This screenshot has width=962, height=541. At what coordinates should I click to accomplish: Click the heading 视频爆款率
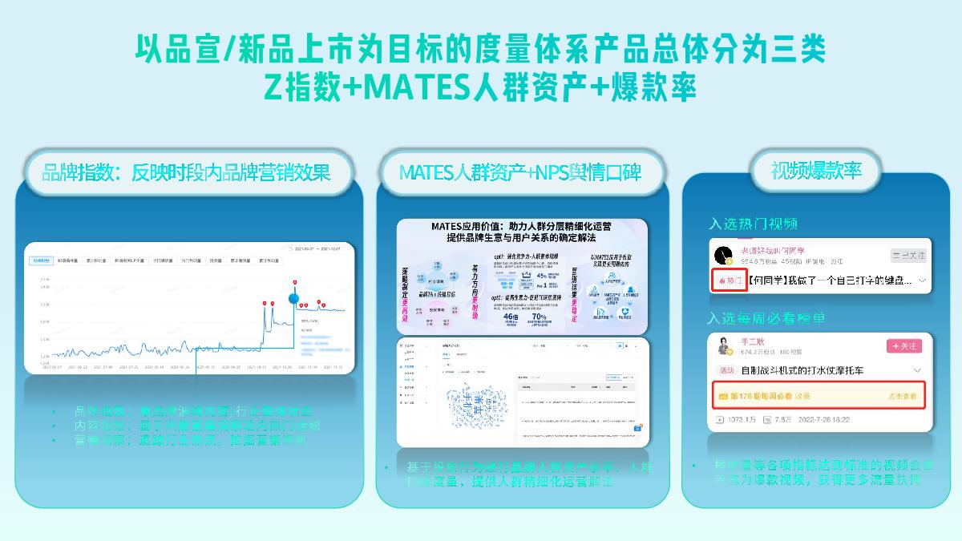click(814, 171)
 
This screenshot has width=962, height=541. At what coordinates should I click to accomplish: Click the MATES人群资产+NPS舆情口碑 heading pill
click(520, 172)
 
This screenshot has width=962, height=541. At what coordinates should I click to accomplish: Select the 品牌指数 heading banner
click(186, 172)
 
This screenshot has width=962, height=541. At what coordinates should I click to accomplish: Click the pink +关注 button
click(904, 345)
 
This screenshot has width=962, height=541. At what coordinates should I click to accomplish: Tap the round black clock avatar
click(723, 255)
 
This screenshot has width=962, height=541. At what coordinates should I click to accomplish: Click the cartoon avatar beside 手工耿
click(724, 345)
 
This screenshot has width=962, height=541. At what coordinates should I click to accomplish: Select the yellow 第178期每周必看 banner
click(814, 396)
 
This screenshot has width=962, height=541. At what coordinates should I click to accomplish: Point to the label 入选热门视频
click(753, 224)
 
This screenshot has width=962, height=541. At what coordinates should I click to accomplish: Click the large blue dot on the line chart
click(294, 299)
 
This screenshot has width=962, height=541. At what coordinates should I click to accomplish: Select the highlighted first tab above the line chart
click(42, 260)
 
